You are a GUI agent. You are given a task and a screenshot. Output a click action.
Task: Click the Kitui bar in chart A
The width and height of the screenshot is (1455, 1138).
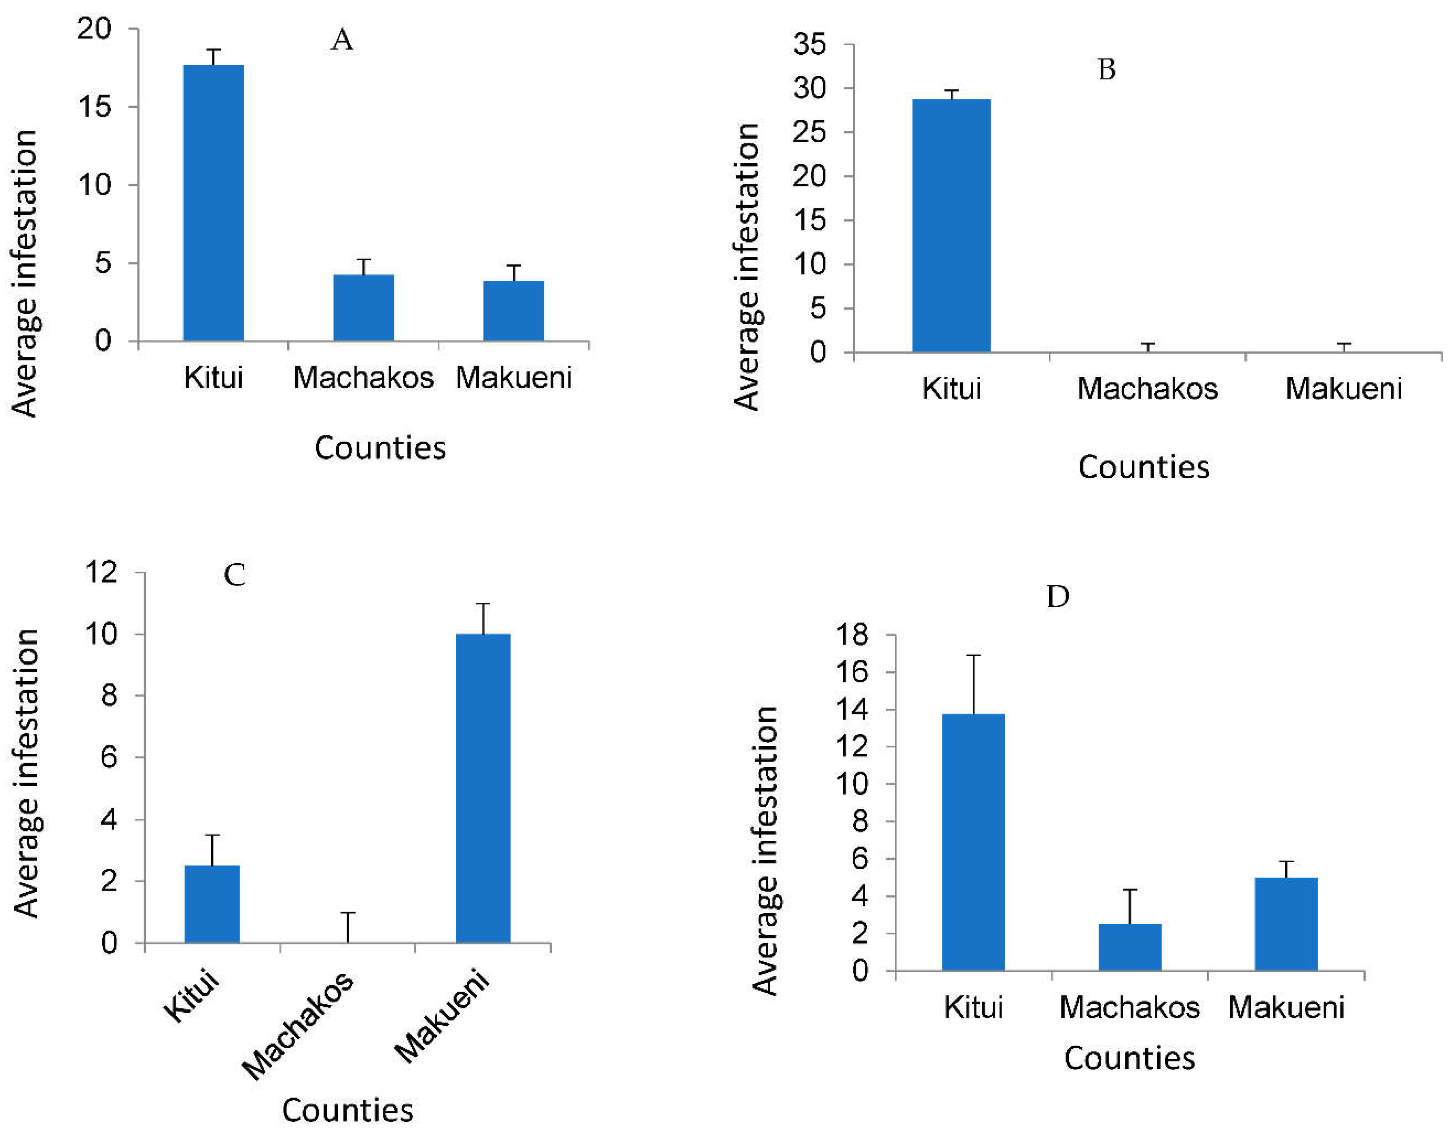pos(213,203)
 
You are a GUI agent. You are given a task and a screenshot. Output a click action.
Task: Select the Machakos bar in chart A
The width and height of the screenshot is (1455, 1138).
pos(363,308)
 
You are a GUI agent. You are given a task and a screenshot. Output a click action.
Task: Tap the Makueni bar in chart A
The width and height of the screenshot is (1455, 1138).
pos(513,311)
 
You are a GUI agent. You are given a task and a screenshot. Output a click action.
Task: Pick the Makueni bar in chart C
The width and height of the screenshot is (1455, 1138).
pos(483,788)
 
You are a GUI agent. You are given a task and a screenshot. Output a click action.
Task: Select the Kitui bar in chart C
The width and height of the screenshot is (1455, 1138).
pos(212,904)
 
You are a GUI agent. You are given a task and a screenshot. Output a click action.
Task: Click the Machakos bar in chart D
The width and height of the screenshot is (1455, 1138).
pos(1130,947)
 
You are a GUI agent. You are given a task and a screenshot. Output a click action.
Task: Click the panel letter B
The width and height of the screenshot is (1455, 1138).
pos(1106,69)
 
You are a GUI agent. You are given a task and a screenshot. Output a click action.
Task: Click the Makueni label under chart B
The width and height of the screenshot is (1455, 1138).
pos(1343,388)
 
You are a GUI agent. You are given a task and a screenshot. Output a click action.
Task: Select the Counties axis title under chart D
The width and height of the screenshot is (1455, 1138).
pos(1129,1058)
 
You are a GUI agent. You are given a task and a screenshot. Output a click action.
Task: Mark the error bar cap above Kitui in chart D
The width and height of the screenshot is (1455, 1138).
pos(974,656)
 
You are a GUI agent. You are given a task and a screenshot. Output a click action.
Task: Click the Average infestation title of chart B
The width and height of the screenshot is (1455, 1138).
pos(746,266)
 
